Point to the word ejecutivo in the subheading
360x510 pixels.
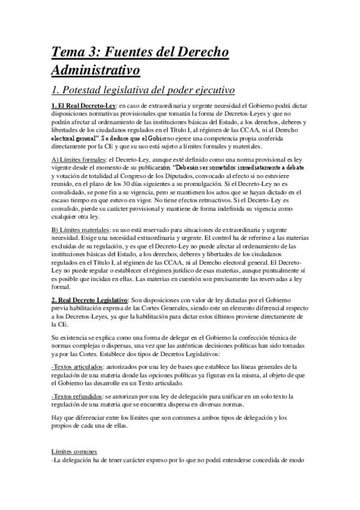(x=207, y=91)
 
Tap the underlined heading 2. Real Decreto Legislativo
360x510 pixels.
(x=90, y=300)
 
